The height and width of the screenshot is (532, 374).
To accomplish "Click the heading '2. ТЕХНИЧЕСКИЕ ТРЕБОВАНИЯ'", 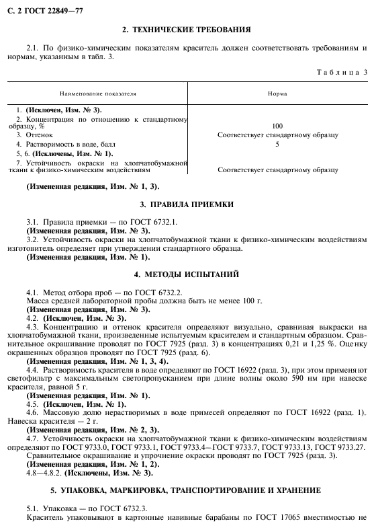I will point(187,30).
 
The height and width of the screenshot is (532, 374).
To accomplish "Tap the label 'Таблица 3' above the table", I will point(342,71).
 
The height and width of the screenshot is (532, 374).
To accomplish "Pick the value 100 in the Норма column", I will point(277,126).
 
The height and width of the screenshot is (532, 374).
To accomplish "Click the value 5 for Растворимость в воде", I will point(277,144).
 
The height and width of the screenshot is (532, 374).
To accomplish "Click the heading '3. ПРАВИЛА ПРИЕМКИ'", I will point(187,203).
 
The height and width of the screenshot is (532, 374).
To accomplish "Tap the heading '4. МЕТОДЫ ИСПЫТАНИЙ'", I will point(187,274).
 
